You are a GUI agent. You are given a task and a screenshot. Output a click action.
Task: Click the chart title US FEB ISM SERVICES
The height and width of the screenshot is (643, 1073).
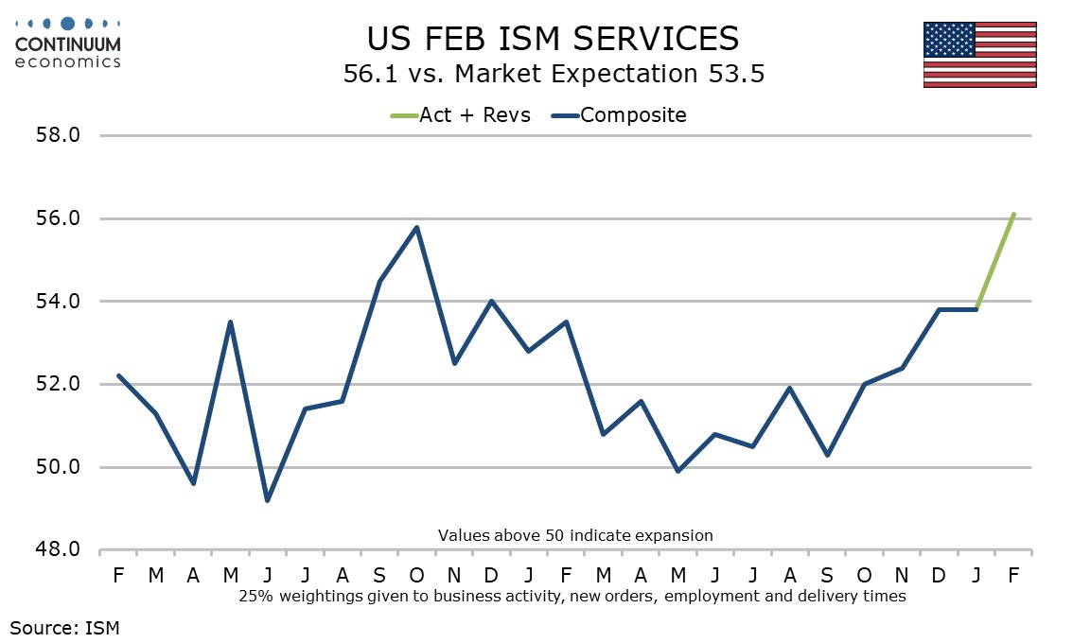pyautogui.click(x=553, y=38)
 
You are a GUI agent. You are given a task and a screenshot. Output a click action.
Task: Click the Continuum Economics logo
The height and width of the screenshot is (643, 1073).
pyautogui.click(x=68, y=43)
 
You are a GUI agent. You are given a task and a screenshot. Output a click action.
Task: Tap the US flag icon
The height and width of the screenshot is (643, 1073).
pyautogui.click(x=979, y=54)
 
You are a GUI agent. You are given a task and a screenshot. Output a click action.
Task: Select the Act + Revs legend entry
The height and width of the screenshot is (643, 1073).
pyautogui.click(x=460, y=115)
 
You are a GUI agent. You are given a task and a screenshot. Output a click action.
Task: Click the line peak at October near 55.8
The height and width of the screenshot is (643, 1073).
pyautogui.click(x=417, y=227)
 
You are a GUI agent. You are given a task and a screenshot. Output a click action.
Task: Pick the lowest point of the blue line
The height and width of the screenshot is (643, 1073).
pyautogui.click(x=268, y=500)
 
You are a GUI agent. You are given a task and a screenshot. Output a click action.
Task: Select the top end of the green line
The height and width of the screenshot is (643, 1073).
pyautogui.click(x=1013, y=214)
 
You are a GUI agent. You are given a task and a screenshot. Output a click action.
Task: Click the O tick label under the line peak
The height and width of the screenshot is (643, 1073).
pyautogui.click(x=417, y=575)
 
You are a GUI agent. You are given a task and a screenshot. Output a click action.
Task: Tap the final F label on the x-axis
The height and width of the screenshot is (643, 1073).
pyautogui.click(x=1013, y=575)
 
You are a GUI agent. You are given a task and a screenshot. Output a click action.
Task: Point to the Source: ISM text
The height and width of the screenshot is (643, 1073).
pyautogui.click(x=64, y=626)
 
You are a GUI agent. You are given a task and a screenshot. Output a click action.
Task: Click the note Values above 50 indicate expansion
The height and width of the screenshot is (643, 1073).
pyautogui.click(x=575, y=535)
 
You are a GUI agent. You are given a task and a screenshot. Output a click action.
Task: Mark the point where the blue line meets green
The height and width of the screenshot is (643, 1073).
pyautogui.click(x=976, y=309)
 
